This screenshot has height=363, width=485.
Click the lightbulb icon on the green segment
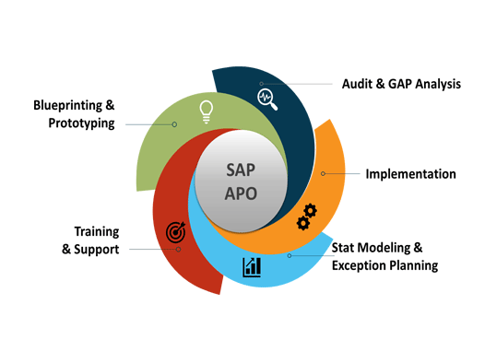tap(207, 111)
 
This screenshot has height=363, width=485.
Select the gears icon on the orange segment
tap(306, 217)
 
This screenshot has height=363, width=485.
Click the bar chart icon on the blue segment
tap(252, 267)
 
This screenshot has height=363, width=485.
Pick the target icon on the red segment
tap(175, 234)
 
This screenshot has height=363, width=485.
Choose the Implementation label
tap(410, 173)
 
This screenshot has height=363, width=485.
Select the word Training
tap(96, 231)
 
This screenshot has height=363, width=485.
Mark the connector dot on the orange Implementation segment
tap(323, 173)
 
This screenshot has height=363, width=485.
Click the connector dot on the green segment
tap(173, 123)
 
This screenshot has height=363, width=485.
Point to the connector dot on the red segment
tap(179, 249)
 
